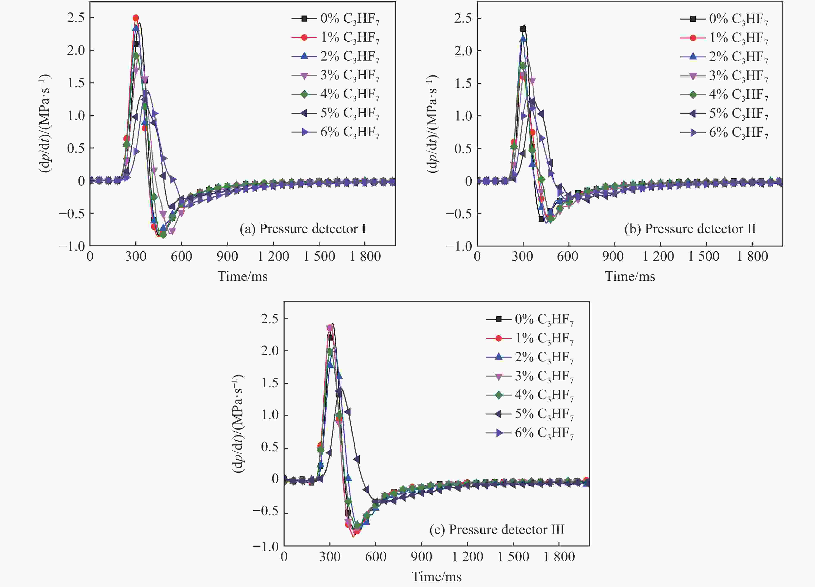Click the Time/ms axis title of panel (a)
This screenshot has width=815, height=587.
click(x=243, y=276)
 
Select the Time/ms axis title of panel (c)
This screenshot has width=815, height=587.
click(x=437, y=577)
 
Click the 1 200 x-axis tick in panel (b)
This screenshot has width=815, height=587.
click(x=658, y=256)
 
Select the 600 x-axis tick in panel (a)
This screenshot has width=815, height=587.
click(x=182, y=256)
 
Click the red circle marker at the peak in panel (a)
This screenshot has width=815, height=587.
click(x=136, y=18)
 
